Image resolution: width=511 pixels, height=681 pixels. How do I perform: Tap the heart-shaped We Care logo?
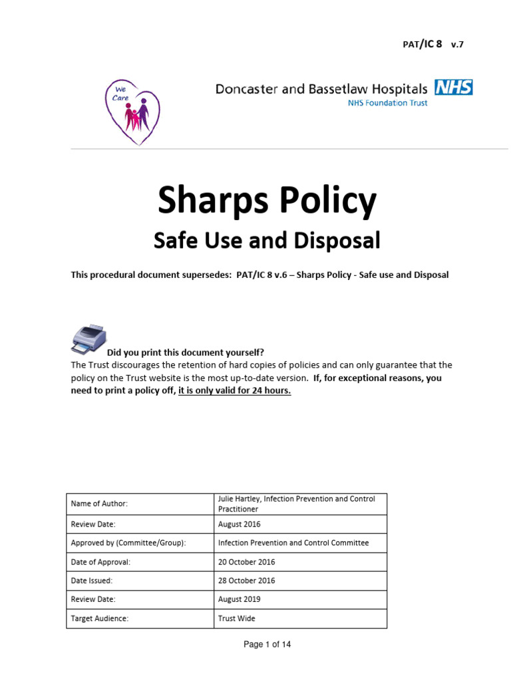(x=135, y=110)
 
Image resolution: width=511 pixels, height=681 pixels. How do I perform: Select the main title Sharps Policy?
(x=266, y=202)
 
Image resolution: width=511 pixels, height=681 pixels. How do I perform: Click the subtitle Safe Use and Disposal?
(x=266, y=240)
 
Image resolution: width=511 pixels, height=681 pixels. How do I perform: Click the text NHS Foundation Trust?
(x=388, y=103)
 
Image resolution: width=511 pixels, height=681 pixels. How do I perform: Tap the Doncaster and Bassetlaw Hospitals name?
(x=321, y=89)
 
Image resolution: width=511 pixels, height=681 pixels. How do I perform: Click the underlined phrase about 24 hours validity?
(x=235, y=390)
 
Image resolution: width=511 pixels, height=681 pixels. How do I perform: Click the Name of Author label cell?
(x=139, y=503)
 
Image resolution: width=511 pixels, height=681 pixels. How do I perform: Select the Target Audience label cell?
(x=139, y=618)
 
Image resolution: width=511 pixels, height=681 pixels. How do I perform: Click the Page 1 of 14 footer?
(x=267, y=644)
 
